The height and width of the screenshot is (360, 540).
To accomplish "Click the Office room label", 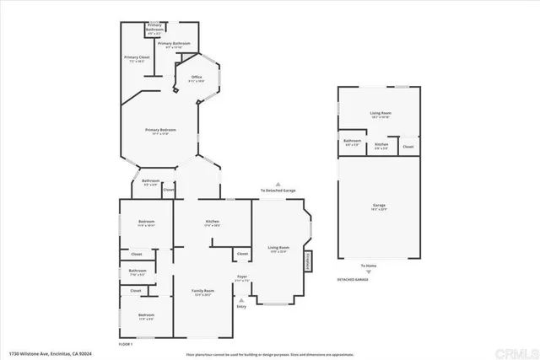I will tap(196, 78).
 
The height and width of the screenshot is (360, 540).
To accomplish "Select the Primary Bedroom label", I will tap(160, 131).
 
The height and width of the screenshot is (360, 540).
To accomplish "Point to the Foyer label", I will tap(240, 277).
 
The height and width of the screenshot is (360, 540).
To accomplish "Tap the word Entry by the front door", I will tap(241, 306).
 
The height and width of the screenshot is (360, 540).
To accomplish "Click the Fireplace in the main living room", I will tap(308, 261).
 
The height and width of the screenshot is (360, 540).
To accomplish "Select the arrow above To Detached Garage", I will tap(277, 183).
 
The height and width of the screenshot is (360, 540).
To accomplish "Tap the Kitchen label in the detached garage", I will tap(381, 144).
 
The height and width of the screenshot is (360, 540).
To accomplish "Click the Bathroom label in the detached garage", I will tap(353, 142).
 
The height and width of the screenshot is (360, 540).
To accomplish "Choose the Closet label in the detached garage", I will tap(408, 147).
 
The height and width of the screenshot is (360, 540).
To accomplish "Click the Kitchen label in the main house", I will tap(213, 223).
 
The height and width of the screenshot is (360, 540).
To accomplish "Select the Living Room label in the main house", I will tap(278, 249).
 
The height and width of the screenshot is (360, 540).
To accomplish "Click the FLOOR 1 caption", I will tap(127, 343).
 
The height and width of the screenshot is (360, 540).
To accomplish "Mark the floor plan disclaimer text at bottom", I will tap(270, 354).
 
